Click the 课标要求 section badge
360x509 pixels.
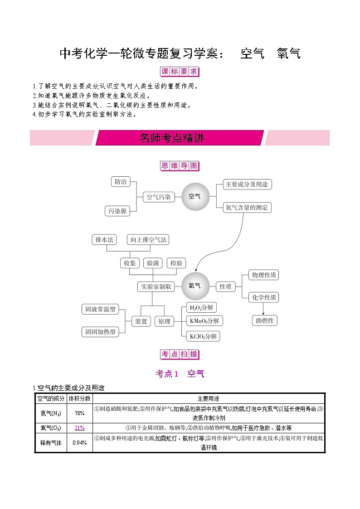pos(180,72)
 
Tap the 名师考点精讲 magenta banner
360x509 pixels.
pos(180,138)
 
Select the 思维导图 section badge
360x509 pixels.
pos(180,166)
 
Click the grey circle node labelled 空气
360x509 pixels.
pos(195,196)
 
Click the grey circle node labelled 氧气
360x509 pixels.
pos(195,286)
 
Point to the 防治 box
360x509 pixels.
pos(121,182)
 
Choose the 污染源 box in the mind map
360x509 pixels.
pos(117,211)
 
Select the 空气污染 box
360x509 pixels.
pos(158,197)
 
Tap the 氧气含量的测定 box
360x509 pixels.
pos(247,208)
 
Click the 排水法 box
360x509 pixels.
pos(104,240)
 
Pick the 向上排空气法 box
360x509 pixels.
pos(148,240)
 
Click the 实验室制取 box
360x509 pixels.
pos(156,286)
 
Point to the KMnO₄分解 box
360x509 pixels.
pos(204,321)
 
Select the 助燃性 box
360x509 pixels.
pos(265,320)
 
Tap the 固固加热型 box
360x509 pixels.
pos(100,332)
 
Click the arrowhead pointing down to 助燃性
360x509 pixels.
pos(263,314)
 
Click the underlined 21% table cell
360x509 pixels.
pos(79,428)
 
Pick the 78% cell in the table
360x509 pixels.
pos(79,413)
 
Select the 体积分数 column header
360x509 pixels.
pos(79,398)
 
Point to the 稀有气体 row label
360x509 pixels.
pos(51,443)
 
